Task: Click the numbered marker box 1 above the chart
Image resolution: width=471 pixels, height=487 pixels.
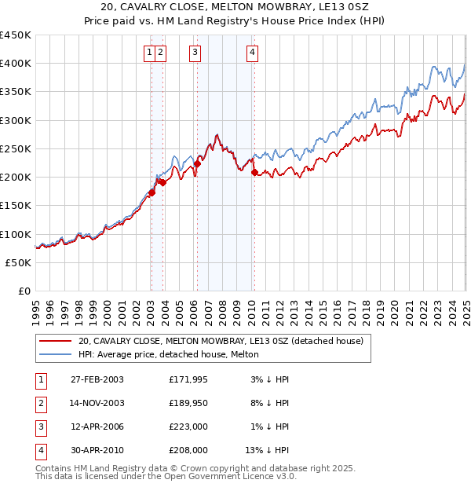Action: [x=149, y=53]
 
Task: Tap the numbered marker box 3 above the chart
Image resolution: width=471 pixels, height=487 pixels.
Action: [x=194, y=53]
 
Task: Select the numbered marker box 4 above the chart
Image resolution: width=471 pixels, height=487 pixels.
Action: [x=252, y=53]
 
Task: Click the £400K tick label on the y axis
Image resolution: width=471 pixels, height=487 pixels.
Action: [x=16, y=64]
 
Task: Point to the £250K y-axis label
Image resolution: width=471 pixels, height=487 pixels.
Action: [x=16, y=148]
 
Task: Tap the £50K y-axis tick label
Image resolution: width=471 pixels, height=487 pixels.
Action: [x=19, y=262]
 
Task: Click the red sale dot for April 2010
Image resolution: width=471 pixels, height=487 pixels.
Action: [x=254, y=173]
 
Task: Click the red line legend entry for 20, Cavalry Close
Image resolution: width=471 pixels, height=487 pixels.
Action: [x=221, y=341]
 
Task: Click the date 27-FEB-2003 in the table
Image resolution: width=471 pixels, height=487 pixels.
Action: [x=97, y=380]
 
